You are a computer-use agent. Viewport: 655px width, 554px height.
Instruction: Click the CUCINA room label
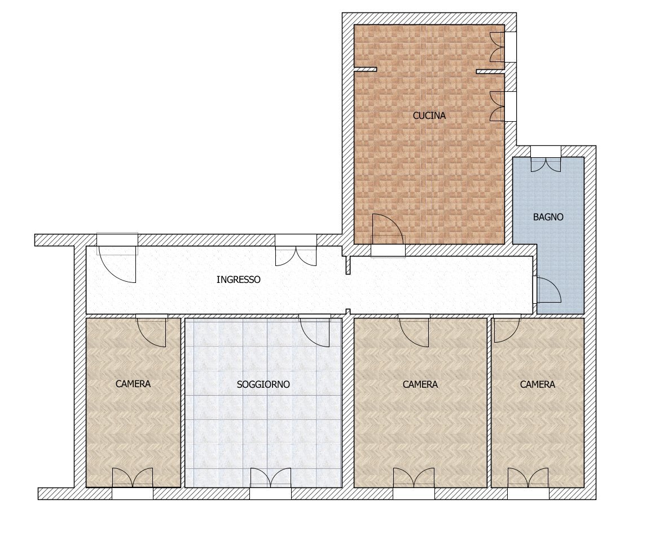(x=429, y=116)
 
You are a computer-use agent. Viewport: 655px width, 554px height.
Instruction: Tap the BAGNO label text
(x=548, y=217)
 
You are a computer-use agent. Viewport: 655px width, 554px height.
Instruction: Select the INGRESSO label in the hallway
(x=238, y=279)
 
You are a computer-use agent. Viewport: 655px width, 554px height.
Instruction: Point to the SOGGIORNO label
(x=263, y=384)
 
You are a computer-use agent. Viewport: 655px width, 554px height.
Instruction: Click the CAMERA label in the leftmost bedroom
(x=133, y=384)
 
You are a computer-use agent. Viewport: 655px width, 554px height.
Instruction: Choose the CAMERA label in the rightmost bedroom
(x=537, y=384)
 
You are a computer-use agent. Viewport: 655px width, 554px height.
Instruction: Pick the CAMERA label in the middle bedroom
(x=420, y=384)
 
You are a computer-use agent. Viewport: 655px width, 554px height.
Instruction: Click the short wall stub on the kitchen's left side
(x=365, y=70)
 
